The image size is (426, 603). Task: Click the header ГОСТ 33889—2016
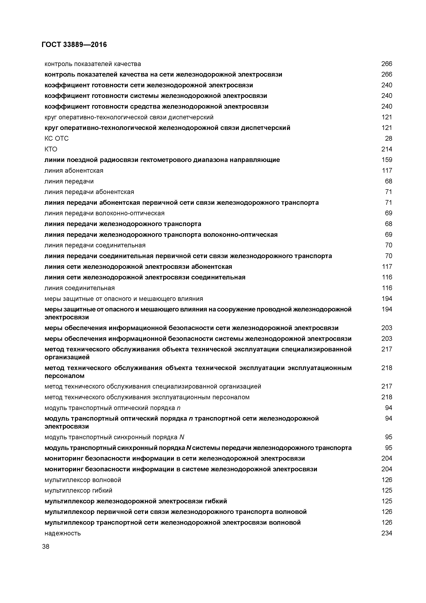74,45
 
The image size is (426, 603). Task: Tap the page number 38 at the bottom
46,546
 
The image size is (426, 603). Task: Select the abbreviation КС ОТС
56,138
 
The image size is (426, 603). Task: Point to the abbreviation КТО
51,149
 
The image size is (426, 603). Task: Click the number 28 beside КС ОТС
389,138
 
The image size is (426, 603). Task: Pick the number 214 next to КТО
387,149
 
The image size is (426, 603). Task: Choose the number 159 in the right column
387,160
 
